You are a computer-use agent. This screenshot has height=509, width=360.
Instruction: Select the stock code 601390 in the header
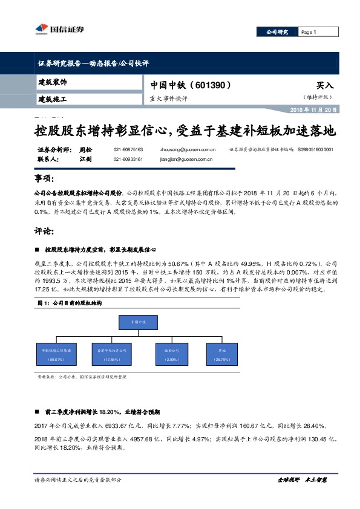(x=211, y=85)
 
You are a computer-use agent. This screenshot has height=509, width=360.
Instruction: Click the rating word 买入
(x=324, y=86)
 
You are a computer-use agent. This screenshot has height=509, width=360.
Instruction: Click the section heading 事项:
(x=45, y=180)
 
